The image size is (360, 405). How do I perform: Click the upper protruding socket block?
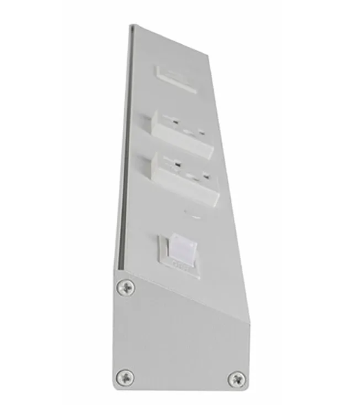[180, 127]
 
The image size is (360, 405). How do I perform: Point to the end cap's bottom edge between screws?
[180, 386]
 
